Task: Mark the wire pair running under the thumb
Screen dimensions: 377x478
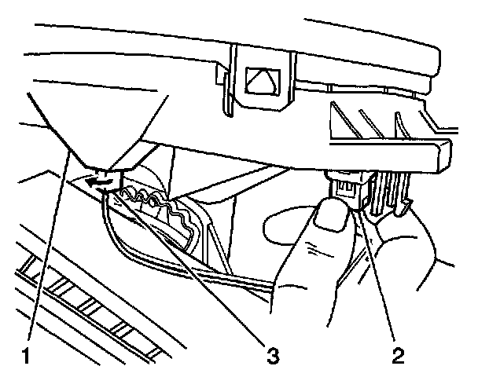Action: click(236, 279)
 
